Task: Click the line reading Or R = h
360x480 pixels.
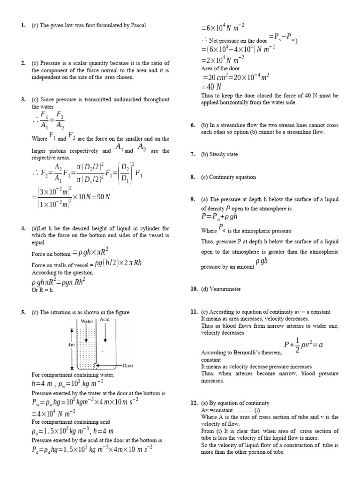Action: point(41,291)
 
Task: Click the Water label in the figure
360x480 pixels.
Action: point(88,321)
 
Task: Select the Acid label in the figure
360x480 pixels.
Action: point(104,320)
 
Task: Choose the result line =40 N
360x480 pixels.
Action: point(211,87)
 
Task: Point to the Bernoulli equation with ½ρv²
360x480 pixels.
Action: point(303,345)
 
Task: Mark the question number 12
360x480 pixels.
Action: point(193,403)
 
